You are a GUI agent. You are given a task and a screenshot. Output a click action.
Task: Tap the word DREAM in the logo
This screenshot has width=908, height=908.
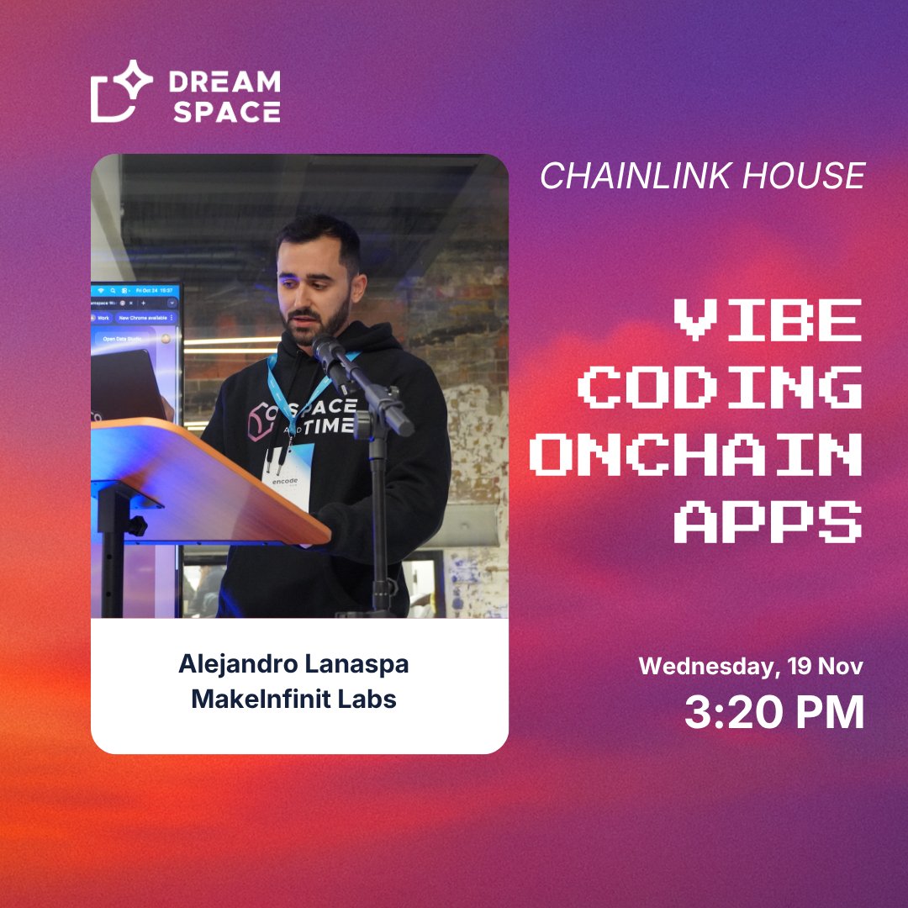pos(224,82)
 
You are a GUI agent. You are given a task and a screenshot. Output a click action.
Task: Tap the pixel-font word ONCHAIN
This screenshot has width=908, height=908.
pos(697,456)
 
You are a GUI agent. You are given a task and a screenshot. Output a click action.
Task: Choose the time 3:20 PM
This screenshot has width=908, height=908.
pos(773,713)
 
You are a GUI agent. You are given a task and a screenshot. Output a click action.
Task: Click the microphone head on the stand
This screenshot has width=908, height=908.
pos(330,353)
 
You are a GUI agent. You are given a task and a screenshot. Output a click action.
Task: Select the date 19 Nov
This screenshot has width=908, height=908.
pos(825,667)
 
